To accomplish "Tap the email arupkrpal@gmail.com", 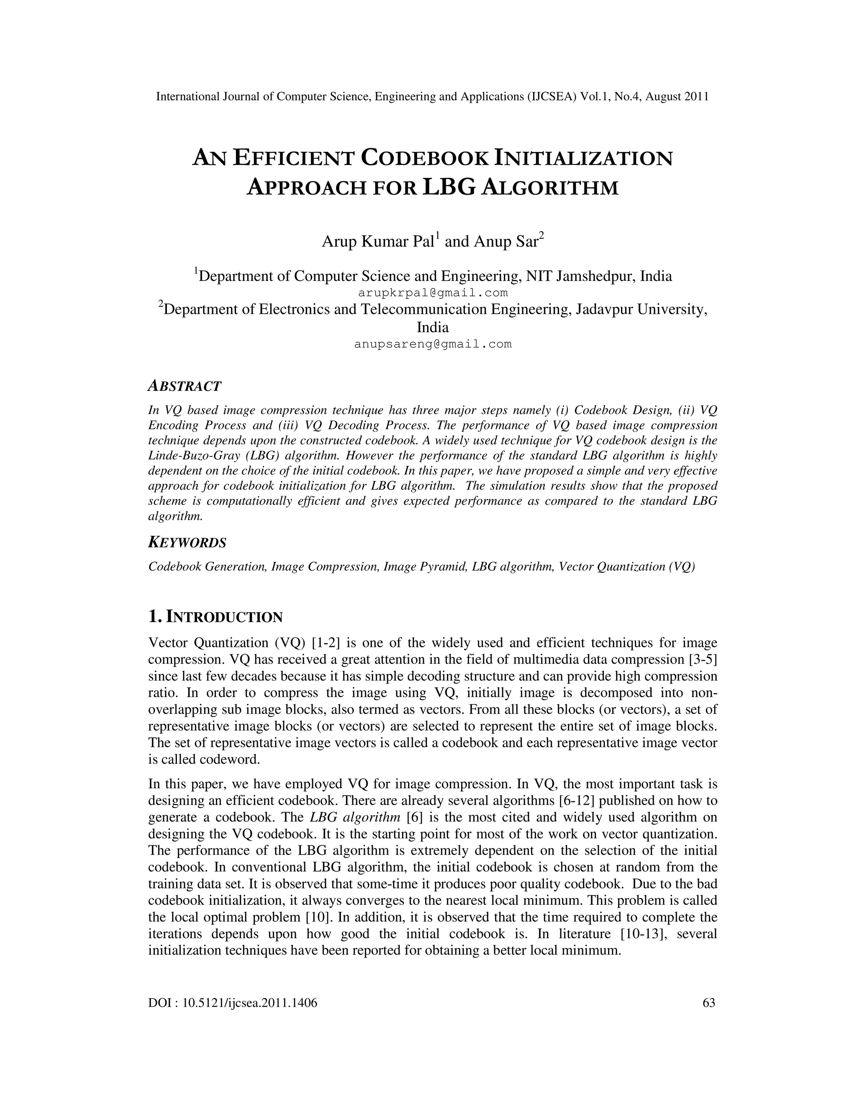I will pos(433,293).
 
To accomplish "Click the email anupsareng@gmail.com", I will pos(433,344).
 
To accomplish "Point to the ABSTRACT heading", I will pos(185,386).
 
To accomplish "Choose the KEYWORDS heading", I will pos(187,542).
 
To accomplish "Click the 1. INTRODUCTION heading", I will pos(215,617).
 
